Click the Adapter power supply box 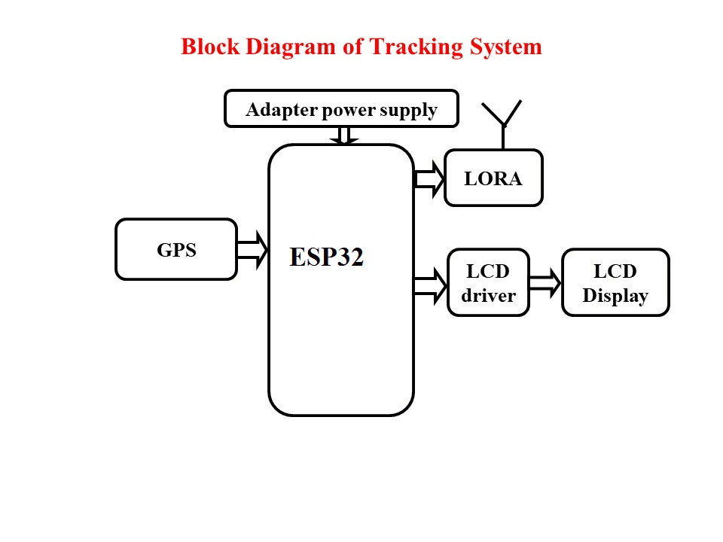pos(341,109)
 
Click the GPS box pos(176,249)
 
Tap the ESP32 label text pos(327,257)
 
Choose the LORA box pos(493,178)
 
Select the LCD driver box pos(489,282)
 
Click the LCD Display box pos(615,282)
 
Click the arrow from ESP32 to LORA pos(429,178)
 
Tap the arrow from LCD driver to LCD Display pos(545,283)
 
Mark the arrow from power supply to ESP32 pos(345,135)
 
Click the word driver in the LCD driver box pos(489,295)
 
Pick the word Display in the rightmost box pos(615,295)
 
